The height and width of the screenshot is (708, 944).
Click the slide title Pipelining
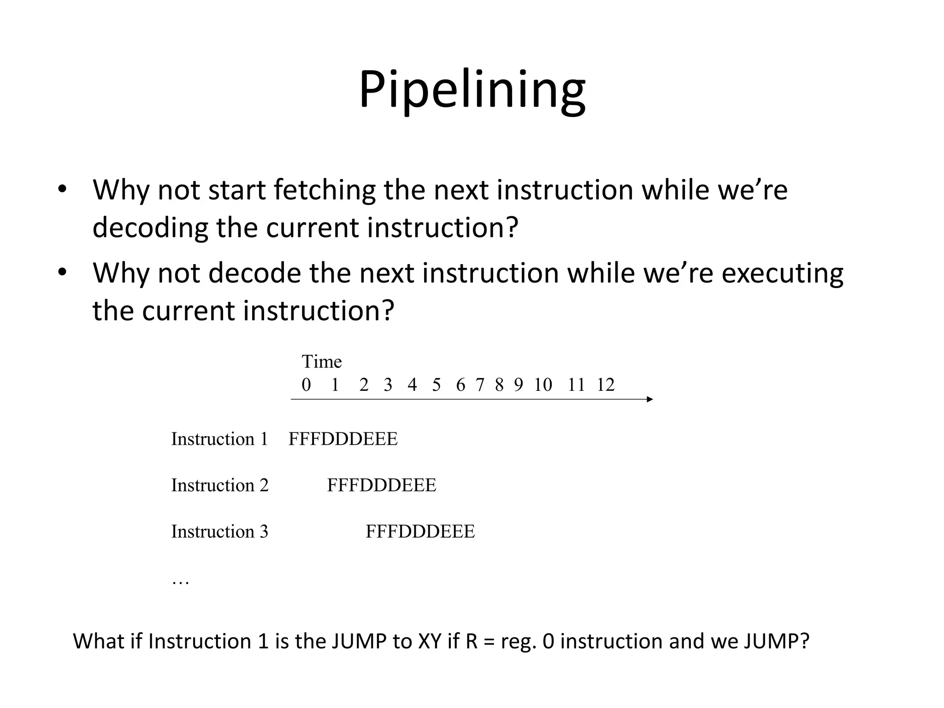click(472, 90)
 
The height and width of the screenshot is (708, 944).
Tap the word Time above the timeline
click(321, 362)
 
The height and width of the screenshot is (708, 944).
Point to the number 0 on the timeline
click(306, 385)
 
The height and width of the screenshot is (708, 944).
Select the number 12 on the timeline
click(605, 385)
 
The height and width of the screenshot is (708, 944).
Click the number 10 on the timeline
click(543, 385)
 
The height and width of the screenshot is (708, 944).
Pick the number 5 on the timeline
click(436, 385)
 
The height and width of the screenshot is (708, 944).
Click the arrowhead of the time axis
click(650, 399)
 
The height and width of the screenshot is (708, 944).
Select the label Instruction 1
click(219, 439)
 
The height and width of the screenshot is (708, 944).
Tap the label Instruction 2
click(219, 485)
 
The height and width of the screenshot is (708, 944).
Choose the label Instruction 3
click(219, 532)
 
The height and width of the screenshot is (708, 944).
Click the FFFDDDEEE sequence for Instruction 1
click(342, 439)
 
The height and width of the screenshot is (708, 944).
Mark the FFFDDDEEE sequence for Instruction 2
click(381, 485)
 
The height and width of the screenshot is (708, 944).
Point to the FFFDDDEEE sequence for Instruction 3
click(420, 532)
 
